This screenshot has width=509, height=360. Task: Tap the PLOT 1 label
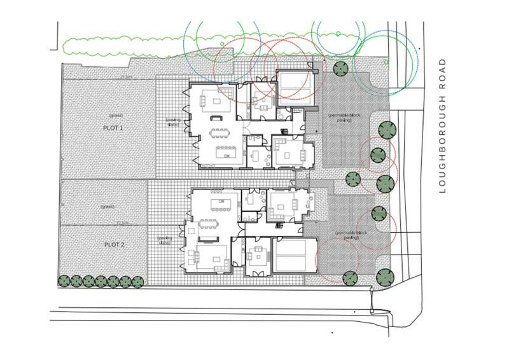(x=113, y=128)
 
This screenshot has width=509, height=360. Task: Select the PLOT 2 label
(x=114, y=244)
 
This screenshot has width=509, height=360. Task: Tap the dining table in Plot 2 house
(x=210, y=224)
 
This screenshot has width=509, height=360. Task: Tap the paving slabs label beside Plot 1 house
(x=174, y=121)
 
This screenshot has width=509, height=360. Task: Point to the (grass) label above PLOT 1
(x=115, y=115)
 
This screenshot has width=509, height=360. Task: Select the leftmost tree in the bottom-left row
(x=64, y=280)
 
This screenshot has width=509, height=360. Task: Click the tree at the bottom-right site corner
(x=384, y=277)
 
